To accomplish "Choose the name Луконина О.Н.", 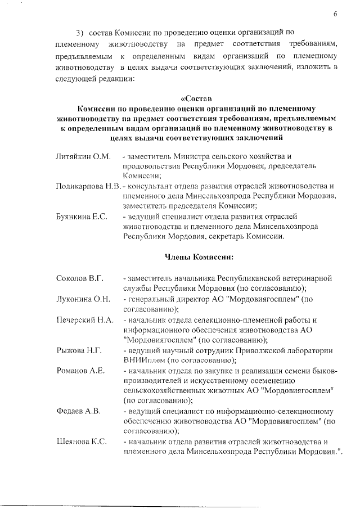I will (x=83, y=299).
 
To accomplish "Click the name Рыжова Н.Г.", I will (x=79, y=350).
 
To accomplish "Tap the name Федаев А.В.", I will (x=79, y=411).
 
